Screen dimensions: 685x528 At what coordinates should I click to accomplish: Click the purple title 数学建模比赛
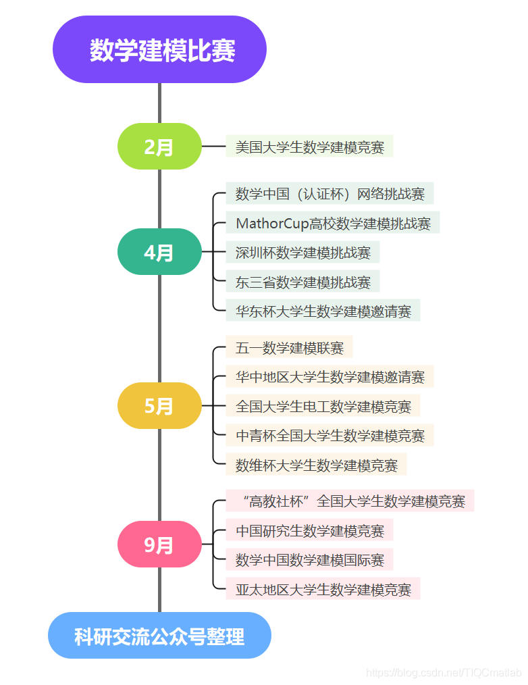coord(160,50)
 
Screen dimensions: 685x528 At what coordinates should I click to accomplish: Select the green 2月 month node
coord(159,147)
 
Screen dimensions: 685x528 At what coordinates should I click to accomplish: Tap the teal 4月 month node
coord(159,252)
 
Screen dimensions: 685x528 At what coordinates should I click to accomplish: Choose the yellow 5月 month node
coord(159,405)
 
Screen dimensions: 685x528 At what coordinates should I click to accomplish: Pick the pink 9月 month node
coord(159,544)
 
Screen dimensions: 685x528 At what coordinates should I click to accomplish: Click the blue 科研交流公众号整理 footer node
coord(159,636)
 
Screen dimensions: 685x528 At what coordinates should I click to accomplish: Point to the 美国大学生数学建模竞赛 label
coord(309,147)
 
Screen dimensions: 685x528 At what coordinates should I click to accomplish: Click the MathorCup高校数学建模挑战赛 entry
coord(333,223)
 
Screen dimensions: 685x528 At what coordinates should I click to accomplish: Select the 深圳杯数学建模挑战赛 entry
coord(302,253)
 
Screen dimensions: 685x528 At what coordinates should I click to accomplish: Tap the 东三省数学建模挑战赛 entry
coord(302,282)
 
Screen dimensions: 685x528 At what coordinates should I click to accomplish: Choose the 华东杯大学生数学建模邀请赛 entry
coord(323,311)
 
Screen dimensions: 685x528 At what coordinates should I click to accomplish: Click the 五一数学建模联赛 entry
coord(289,348)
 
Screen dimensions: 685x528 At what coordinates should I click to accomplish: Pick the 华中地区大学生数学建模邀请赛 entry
coord(329,376)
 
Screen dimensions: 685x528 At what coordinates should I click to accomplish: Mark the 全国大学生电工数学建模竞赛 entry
coord(323,406)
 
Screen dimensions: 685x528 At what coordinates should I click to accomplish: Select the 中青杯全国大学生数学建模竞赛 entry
coord(329,435)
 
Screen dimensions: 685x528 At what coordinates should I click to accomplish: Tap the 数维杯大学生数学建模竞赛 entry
coord(316,465)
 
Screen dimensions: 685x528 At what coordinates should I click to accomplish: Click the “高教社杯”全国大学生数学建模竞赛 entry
coord(350,501)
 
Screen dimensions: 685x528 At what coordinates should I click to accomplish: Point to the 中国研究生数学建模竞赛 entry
coord(309,531)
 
